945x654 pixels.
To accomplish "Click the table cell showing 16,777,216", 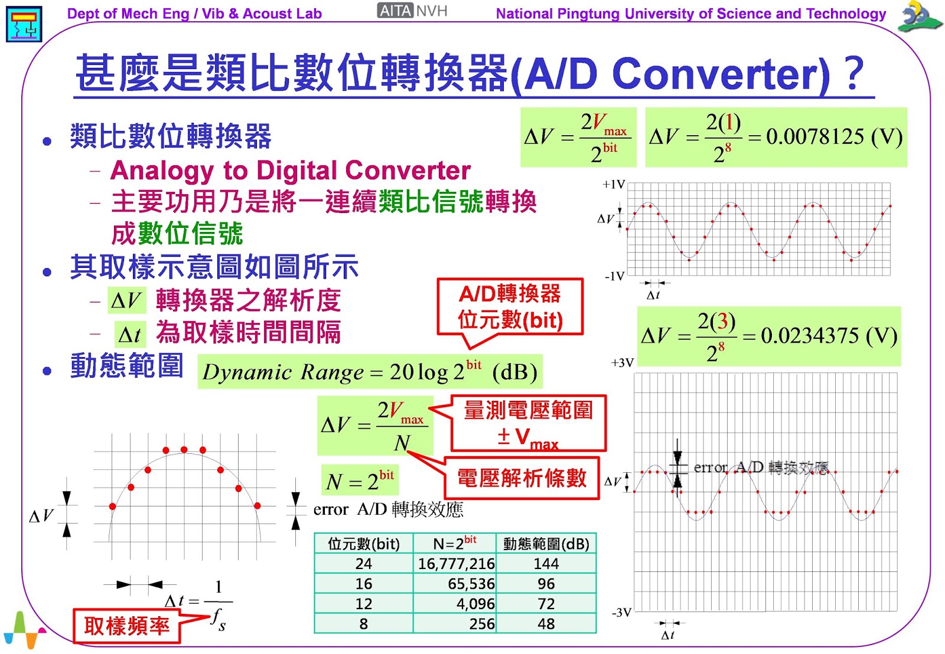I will click(x=456, y=564).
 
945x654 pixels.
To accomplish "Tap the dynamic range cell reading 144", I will click(x=546, y=564).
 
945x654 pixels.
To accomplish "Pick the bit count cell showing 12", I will click(x=363, y=604).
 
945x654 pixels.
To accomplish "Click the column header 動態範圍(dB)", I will click(x=546, y=544).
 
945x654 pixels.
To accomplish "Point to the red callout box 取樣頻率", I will click(x=126, y=626).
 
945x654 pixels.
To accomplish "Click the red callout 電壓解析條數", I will click(x=522, y=478).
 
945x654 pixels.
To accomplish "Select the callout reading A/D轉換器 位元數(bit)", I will click(x=510, y=307).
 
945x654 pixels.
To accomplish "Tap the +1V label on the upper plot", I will click(x=613, y=185).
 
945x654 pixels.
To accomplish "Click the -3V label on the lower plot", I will click(x=621, y=613).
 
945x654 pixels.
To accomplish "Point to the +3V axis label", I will click(x=622, y=363).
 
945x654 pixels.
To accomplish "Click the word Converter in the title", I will click(x=721, y=74).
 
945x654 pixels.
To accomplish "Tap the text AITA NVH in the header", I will click(x=413, y=11).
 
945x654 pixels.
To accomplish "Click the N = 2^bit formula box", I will click(x=360, y=480).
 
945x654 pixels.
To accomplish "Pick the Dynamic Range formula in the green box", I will click(x=370, y=372).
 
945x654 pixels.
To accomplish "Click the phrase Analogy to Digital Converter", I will click(x=290, y=171).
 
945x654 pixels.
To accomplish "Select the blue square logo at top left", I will click(x=24, y=24).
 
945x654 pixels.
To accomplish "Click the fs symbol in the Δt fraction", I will click(x=218, y=620).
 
